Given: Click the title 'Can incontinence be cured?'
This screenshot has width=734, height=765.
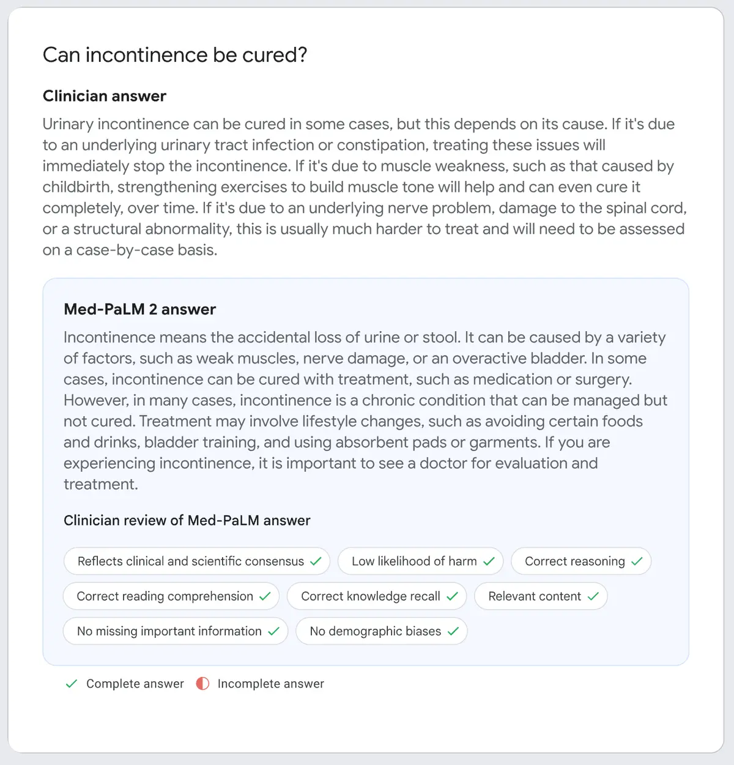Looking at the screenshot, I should pyautogui.click(x=174, y=55).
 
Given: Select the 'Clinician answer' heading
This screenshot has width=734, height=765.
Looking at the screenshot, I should pyautogui.click(x=105, y=96).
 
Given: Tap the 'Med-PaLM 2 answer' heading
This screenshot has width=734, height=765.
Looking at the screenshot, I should pyautogui.click(x=139, y=309).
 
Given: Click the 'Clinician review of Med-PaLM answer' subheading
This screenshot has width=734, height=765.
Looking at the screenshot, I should pyautogui.click(x=187, y=521).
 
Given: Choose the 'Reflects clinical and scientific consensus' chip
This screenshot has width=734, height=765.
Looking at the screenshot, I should pyautogui.click(x=196, y=561).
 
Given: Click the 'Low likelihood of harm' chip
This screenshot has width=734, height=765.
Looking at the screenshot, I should pyautogui.click(x=420, y=561).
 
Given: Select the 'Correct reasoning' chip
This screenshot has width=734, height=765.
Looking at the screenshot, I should pyautogui.click(x=580, y=561).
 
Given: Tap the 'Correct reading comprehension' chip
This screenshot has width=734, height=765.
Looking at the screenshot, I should pyautogui.click(x=171, y=596).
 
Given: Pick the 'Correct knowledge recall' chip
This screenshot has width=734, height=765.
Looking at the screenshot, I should pyautogui.click(x=376, y=596).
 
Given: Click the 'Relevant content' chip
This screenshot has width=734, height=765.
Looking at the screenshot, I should pyautogui.click(x=540, y=596).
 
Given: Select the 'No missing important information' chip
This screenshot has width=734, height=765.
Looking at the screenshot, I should pyautogui.click(x=175, y=631).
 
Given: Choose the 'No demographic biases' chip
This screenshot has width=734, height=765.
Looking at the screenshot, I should pyautogui.click(x=381, y=631).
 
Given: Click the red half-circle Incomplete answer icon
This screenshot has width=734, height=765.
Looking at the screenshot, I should pyautogui.click(x=202, y=684).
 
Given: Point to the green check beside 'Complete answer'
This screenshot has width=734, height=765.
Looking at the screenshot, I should pyautogui.click(x=72, y=684).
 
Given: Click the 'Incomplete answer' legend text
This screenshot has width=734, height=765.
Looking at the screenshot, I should pyautogui.click(x=270, y=684).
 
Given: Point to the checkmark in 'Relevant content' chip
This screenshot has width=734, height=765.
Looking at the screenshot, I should pyautogui.click(x=593, y=596).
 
